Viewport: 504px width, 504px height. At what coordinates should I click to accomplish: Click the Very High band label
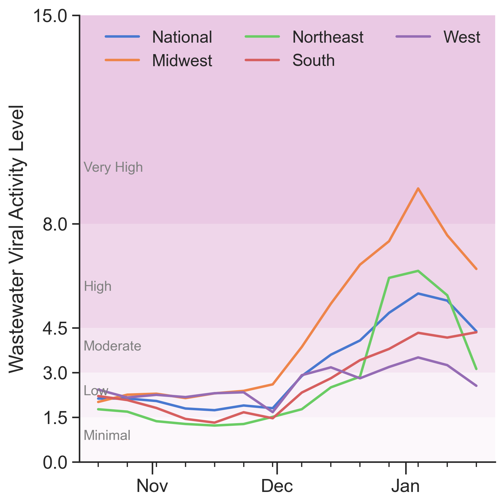pos(113,167)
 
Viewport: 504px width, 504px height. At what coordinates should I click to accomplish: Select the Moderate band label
pos(112,346)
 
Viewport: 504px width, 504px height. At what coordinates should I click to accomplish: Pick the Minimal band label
pos(107,435)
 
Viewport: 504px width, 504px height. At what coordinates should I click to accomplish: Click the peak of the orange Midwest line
pos(418,188)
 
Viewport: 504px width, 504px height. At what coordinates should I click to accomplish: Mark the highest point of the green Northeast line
pos(418,271)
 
